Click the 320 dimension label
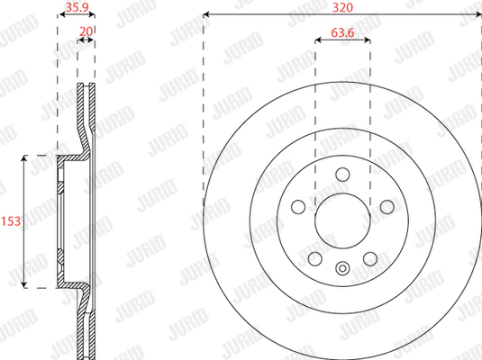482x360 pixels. click(x=342, y=7)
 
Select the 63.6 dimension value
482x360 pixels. click(x=342, y=32)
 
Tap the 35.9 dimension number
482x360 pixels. click(x=77, y=7)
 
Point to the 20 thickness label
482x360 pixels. click(x=86, y=31)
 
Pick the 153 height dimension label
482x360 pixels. click(x=11, y=221)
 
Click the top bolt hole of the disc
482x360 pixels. click(x=342, y=175)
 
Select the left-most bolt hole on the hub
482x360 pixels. click(x=298, y=207)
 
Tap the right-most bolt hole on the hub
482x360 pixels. click(x=387, y=207)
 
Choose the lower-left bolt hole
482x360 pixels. click(x=314, y=259)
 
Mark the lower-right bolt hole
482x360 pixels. click(x=370, y=259)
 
